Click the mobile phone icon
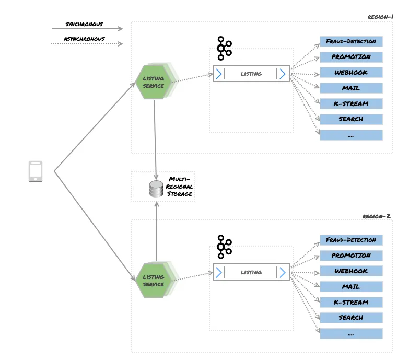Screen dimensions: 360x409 pos(35,171)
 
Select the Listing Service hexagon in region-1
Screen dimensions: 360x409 pos(154,82)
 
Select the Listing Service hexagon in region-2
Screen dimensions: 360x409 pos(154,281)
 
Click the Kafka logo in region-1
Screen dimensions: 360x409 pos(224,48)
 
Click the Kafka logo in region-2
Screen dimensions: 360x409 pos(224,247)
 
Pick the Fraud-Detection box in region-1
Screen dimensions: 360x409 pos(350,41)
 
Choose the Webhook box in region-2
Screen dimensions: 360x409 pos(350,271)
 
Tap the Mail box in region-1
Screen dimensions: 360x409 pos(350,88)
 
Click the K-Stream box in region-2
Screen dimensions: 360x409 pos(350,302)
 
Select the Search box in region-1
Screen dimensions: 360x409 pos(350,119)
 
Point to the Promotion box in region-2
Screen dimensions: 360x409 pos(350,256)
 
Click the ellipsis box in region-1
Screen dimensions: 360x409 pos(350,135)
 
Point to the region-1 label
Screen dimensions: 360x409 pos(380,17)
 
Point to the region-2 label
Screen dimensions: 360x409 pos(376,216)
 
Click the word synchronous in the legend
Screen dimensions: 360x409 pos(84,24)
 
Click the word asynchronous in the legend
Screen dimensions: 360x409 pos(84,39)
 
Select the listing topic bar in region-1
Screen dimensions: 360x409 pos(251,74)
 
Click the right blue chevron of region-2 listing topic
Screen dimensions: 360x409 pos(282,272)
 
